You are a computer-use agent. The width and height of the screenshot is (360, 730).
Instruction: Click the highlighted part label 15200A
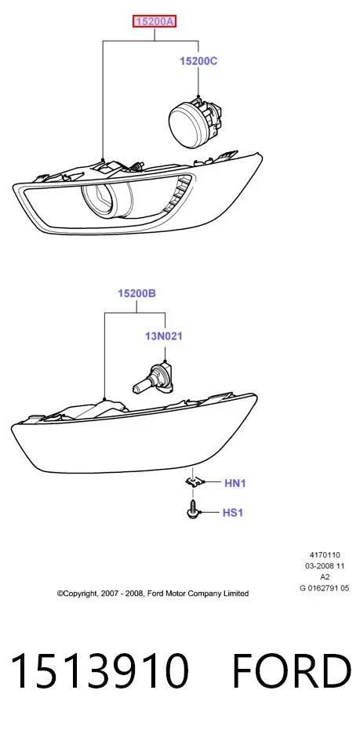tap(155, 21)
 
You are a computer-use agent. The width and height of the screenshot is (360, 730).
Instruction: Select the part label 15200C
tap(199, 61)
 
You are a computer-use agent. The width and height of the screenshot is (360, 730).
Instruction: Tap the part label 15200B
tap(136, 294)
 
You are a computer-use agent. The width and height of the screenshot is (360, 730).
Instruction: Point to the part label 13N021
tap(163, 336)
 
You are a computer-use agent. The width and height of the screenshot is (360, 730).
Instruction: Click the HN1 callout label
tap(235, 483)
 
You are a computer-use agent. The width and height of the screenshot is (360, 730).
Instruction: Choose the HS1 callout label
tap(233, 513)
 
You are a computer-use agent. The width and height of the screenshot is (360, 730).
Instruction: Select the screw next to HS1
tap(192, 510)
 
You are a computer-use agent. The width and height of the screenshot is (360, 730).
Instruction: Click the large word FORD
tap(291, 670)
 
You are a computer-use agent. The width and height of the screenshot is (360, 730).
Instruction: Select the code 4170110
tap(325, 555)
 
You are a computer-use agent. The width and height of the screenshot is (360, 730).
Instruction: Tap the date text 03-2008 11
tap(325, 566)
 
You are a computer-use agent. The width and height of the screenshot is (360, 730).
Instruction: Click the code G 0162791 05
tap(325, 588)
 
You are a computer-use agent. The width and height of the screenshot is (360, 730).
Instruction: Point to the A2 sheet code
tap(325, 577)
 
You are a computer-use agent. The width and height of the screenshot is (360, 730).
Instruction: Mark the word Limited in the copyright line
tap(237, 594)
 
